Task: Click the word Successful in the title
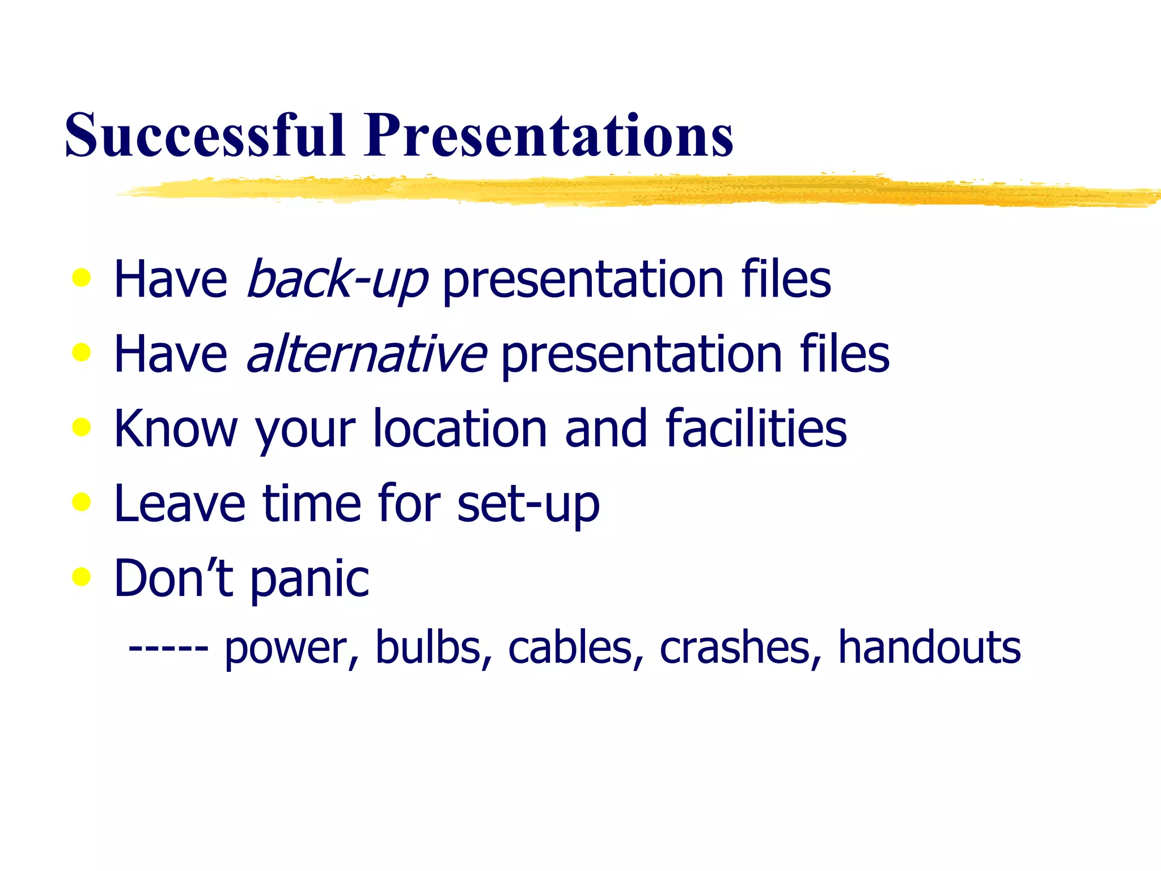point(205,136)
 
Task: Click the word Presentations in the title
point(549,136)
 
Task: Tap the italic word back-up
point(337,279)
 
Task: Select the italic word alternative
point(366,354)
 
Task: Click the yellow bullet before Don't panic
point(82,577)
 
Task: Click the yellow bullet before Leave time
point(82,502)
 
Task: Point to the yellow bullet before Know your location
point(82,427)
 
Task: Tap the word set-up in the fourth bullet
point(528,504)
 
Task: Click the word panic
point(310,580)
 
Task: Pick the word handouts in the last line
point(929,648)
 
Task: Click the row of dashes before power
point(168,648)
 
